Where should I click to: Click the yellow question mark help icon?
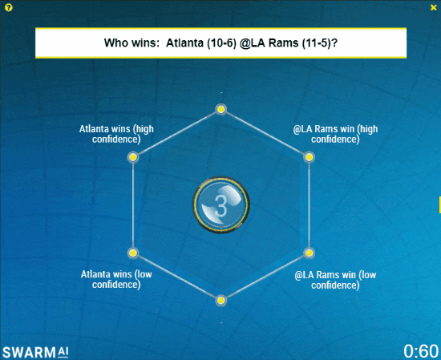point(9,7)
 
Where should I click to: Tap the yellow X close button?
point(434,7)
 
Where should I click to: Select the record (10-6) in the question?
point(221,43)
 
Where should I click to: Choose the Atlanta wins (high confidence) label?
point(116,134)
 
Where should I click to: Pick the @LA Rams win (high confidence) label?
point(335,134)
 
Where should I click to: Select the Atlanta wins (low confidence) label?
point(116,279)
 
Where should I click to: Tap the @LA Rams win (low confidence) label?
point(335,280)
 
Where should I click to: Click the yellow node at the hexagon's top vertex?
point(221,109)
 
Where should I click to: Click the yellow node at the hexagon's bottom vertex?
point(221,301)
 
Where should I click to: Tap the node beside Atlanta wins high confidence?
point(133,157)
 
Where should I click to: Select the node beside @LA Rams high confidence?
point(309,157)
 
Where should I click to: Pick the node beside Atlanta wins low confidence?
point(133,253)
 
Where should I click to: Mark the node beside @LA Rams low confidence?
point(309,253)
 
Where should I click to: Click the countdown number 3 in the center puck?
point(220,206)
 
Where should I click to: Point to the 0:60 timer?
point(421,351)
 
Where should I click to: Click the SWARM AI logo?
point(35,352)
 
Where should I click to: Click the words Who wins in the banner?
point(131,43)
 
